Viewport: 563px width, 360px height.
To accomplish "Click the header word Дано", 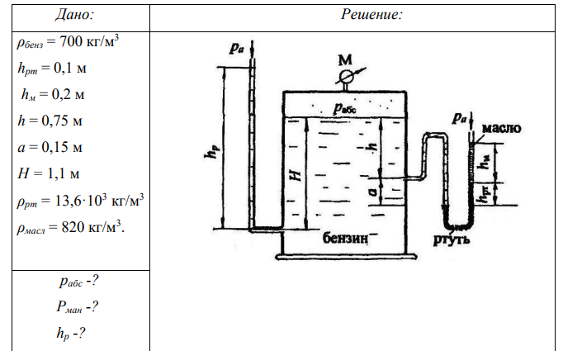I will click(74, 14).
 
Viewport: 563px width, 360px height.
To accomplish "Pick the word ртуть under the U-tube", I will click(452, 240).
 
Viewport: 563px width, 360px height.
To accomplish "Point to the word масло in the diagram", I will click(499, 129).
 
